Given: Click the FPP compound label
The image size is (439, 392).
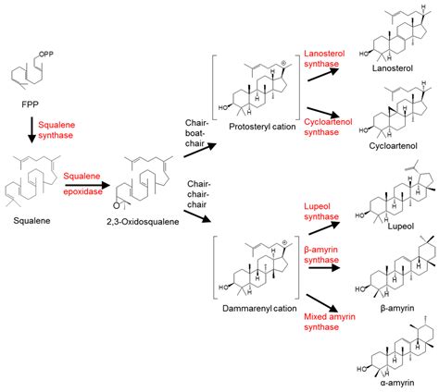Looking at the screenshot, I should pyautogui.click(x=28, y=104).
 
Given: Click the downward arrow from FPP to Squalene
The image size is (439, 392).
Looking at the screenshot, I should pyautogui.click(x=31, y=129).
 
